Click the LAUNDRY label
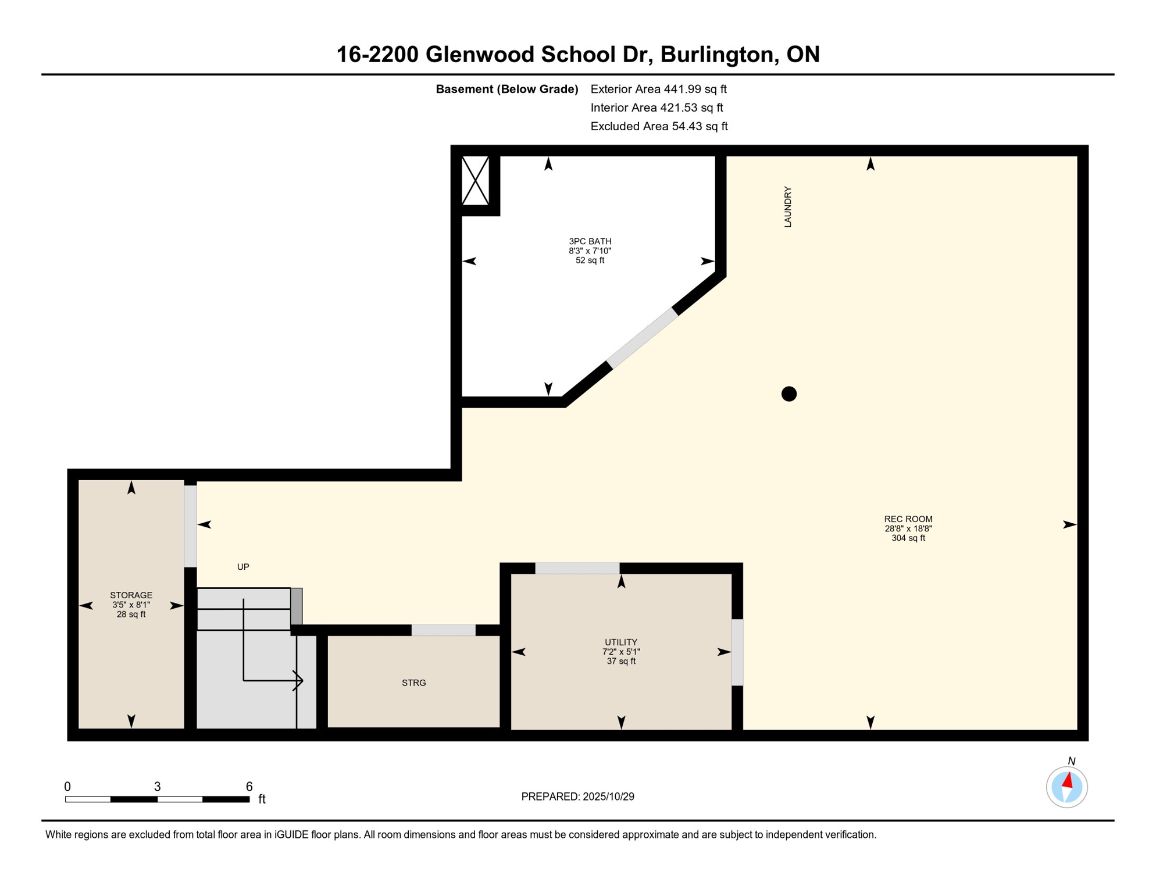tap(788, 207)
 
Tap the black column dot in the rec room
tap(789, 394)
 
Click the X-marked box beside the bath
tap(476, 181)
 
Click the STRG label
tap(414, 683)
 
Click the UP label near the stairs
tap(243, 567)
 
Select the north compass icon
tap(1066, 787)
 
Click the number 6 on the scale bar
tap(249, 787)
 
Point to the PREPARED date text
tap(577, 796)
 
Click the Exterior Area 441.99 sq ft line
tap(658, 89)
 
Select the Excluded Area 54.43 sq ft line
tap(659, 126)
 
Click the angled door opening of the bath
tap(643, 338)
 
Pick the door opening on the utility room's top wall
tap(577, 568)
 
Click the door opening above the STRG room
tap(444, 630)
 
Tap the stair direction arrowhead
tap(298, 680)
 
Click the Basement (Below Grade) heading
tap(507, 89)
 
